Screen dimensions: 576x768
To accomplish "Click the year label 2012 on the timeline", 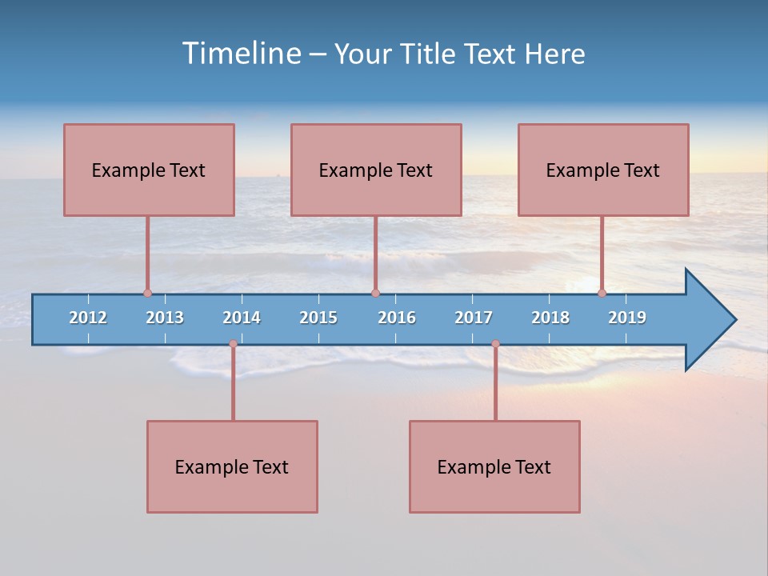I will [88, 318].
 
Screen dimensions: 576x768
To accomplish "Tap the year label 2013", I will [165, 318].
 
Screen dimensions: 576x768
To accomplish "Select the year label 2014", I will [242, 318].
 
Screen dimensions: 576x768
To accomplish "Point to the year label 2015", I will [318, 318].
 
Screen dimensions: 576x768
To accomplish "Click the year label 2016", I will [397, 318].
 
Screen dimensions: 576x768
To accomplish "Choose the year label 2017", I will [474, 318].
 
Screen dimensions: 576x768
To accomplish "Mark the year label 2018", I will [550, 318].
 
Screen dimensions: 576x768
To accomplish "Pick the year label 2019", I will [627, 318].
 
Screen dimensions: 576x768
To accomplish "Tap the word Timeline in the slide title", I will [241, 54].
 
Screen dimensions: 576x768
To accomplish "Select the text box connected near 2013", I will [149, 170].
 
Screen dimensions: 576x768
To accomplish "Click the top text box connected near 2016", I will [376, 170].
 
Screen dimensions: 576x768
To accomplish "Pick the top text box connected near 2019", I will [603, 170].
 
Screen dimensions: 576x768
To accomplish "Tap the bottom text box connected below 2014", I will [232, 466].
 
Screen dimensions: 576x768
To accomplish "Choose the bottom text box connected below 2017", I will [494, 466].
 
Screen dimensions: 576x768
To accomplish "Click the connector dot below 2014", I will [233, 344].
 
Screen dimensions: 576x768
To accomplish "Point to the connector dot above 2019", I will [602, 293].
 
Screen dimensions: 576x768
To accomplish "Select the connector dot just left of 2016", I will [375, 293].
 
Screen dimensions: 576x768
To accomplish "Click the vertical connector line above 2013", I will [147, 252].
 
